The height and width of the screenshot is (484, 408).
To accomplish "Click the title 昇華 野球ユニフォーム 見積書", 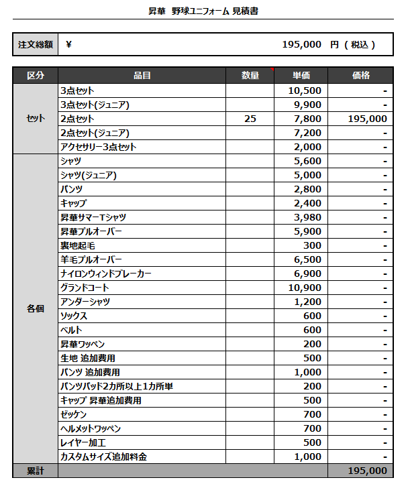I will point(203,11).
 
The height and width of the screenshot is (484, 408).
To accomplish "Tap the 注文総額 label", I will point(36,45).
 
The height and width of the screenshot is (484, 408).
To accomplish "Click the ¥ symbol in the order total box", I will point(69,45).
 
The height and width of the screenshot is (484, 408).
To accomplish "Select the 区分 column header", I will point(36,76).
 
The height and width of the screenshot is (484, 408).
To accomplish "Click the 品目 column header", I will point(142,76).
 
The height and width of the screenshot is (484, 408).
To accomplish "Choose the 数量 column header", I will point(250,76).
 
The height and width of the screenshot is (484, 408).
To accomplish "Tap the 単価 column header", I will point(301,76).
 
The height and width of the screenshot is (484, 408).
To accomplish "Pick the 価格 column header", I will point(360,76).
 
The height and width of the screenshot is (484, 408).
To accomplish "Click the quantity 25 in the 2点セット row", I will point(250,119).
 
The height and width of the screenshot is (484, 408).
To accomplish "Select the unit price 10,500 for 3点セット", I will point(305,90).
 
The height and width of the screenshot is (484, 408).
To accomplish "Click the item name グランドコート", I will point(84,288).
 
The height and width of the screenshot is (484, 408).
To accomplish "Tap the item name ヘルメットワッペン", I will point(91,428).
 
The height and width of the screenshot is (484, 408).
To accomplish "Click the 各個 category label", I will point(36,308).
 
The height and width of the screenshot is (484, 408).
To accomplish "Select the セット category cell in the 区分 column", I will point(36,119).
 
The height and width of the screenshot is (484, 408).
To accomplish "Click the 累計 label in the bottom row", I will point(36,471).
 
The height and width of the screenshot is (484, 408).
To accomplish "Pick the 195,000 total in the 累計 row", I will point(368,471).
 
